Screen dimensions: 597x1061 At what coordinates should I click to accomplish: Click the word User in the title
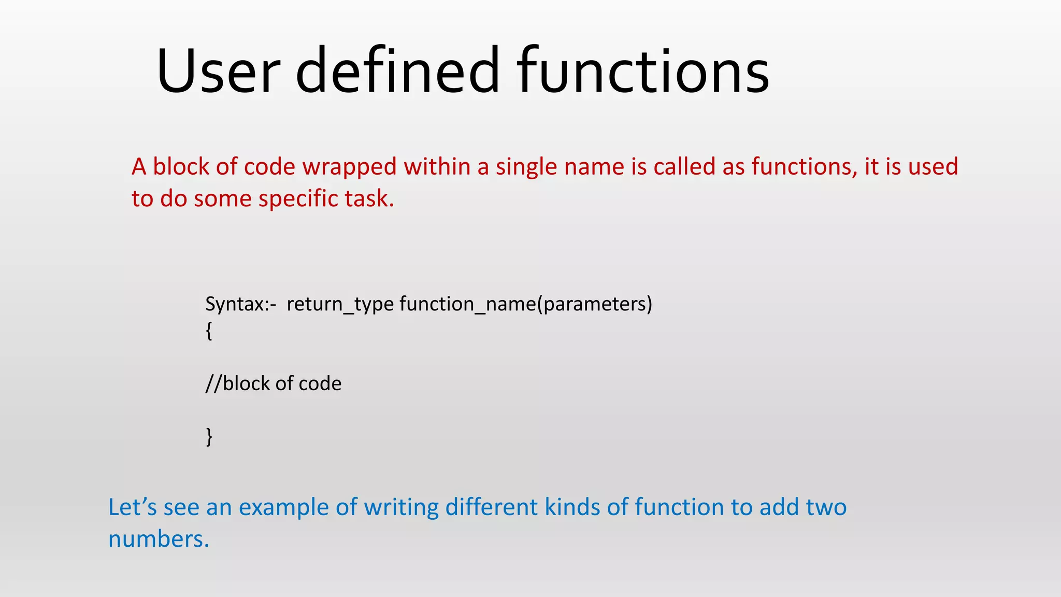(218, 71)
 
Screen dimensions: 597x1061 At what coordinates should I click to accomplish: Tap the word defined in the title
(397, 71)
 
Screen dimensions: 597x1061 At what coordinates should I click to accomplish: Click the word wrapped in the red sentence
(350, 167)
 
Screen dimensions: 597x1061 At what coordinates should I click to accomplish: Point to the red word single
(526, 167)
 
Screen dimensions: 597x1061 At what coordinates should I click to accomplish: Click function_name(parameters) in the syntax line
(526, 304)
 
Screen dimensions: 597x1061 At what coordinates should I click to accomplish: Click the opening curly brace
(209, 331)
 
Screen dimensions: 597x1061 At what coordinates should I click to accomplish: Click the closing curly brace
(209, 437)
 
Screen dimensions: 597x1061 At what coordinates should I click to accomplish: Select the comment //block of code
(274, 384)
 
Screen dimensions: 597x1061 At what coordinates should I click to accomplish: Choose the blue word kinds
(571, 507)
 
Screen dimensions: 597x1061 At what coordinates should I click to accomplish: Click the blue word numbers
(158, 539)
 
